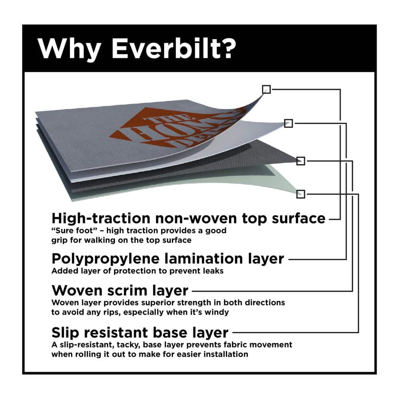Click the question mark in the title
tap(227, 48)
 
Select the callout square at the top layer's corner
tap(266, 89)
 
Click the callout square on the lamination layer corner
tap(288, 123)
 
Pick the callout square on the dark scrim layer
tap(301, 161)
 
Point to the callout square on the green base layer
tap(301, 194)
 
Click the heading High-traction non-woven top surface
tap(189, 218)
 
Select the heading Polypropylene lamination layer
tap(168, 259)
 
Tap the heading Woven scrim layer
tap(120, 290)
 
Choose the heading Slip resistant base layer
tap(140, 332)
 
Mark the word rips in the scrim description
tap(112, 312)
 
